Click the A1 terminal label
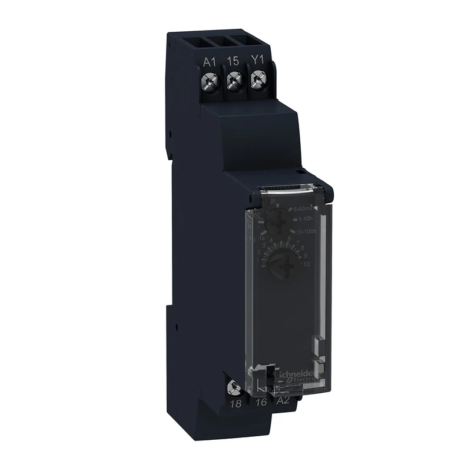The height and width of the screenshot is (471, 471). (208, 61)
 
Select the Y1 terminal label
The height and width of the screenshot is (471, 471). (257, 61)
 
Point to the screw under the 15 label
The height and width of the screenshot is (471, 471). (234, 79)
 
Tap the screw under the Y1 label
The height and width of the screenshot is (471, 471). (257, 78)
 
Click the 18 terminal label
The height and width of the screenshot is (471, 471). (235, 403)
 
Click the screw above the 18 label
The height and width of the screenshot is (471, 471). (235, 386)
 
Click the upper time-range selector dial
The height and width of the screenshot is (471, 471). (278, 223)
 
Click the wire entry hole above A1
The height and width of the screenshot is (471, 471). (210, 42)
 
